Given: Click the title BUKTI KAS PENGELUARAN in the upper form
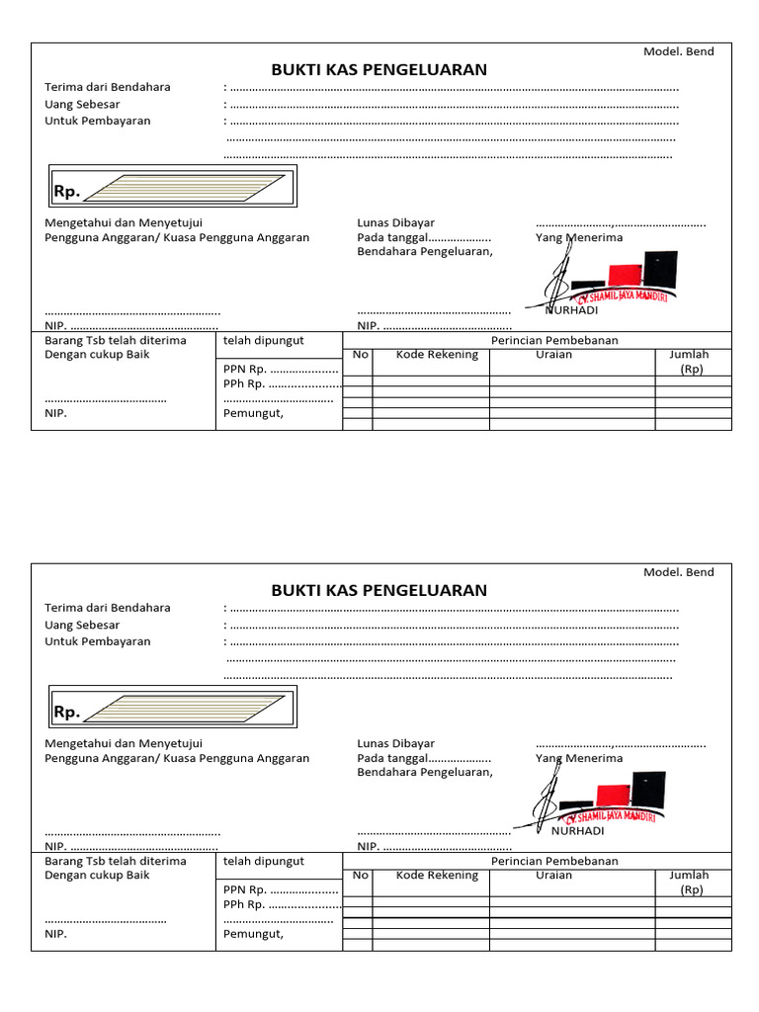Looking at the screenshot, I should click(379, 70).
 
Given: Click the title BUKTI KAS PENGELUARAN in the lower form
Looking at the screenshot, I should click(379, 591).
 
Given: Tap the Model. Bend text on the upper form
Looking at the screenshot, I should click(678, 51).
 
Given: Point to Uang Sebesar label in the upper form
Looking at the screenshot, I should click(82, 104).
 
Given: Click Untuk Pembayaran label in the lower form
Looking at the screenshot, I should click(98, 641).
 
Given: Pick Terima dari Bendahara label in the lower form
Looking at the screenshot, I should click(108, 608).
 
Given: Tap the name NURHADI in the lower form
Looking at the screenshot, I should click(575, 831).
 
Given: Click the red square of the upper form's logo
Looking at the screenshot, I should click(625, 274).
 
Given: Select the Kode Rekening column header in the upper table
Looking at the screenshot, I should click(437, 355).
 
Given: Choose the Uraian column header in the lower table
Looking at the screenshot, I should click(553, 876).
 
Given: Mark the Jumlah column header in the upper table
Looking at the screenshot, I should click(690, 355).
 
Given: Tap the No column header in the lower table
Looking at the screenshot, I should click(360, 876).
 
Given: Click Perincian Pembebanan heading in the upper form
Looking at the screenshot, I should click(554, 341).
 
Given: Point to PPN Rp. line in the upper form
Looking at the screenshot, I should click(281, 369).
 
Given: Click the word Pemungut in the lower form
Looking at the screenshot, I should click(254, 934).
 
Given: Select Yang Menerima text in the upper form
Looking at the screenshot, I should click(579, 238).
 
